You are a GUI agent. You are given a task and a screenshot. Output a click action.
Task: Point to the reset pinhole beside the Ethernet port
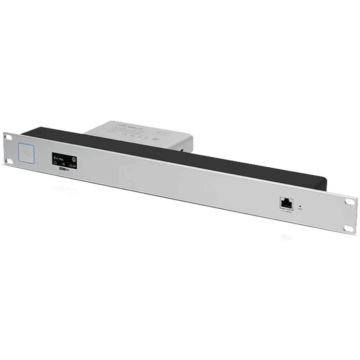[299, 206]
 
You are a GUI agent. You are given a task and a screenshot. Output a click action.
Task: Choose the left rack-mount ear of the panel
[10, 148]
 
